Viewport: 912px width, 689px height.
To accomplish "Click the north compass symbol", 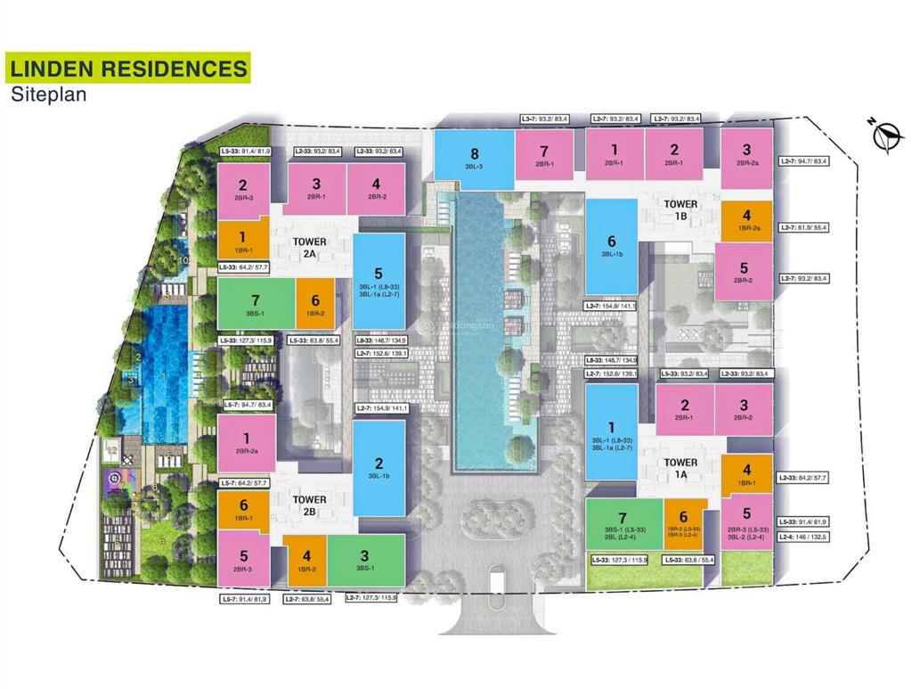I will pyautogui.click(x=883, y=137).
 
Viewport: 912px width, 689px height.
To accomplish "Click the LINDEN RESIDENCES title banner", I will pyautogui.click(x=127, y=68).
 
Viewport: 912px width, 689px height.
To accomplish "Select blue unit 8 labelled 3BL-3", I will pyautogui.click(x=474, y=159).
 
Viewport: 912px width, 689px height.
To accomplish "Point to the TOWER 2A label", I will pyautogui.click(x=309, y=247).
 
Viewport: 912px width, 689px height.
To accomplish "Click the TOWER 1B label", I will pyautogui.click(x=681, y=209).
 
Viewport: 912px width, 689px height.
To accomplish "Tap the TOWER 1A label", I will pyautogui.click(x=681, y=469).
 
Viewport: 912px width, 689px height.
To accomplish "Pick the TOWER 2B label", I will pyautogui.click(x=309, y=505).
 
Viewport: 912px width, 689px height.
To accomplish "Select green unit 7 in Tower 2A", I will pyautogui.click(x=256, y=304).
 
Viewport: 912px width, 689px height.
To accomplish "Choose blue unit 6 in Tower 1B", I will pyautogui.click(x=611, y=246).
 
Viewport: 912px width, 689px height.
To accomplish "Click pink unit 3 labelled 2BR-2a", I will pyautogui.click(x=746, y=156).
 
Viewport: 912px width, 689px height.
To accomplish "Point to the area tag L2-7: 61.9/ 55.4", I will pyautogui.click(x=803, y=227).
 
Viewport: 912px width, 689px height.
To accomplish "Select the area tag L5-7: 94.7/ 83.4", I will pyautogui.click(x=245, y=405).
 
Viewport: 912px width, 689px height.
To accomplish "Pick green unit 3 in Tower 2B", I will pyautogui.click(x=365, y=560).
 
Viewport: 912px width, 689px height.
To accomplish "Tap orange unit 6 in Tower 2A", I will pyautogui.click(x=315, y=304).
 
